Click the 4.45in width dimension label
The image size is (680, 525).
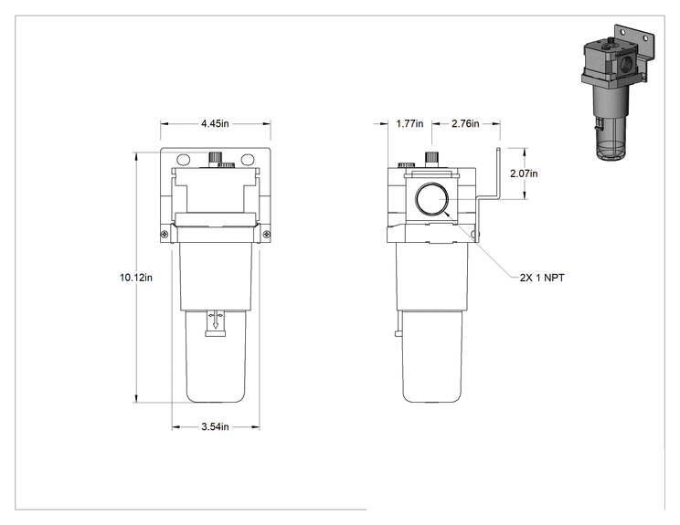point(215,123)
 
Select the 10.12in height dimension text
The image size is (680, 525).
point(136,278)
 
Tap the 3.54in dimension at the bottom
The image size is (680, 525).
point(215,426)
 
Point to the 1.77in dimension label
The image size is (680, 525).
point(409,123)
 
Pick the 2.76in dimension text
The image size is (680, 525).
point(465,123)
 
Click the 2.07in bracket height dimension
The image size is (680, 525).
point(524,173)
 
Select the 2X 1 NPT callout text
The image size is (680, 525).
point(542,278)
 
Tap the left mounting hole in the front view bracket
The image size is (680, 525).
point(184,160)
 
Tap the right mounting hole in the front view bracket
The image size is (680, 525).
point(248,160)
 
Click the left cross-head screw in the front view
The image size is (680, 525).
point(165,235)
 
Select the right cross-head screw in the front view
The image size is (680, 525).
point(267,235)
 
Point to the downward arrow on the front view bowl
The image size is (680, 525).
point(216,320)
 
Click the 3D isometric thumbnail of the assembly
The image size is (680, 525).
point(617,92)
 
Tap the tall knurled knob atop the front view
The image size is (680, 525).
point(215,158)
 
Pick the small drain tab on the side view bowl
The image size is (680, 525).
point(398,332)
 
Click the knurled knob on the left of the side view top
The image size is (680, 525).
point(407,164)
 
